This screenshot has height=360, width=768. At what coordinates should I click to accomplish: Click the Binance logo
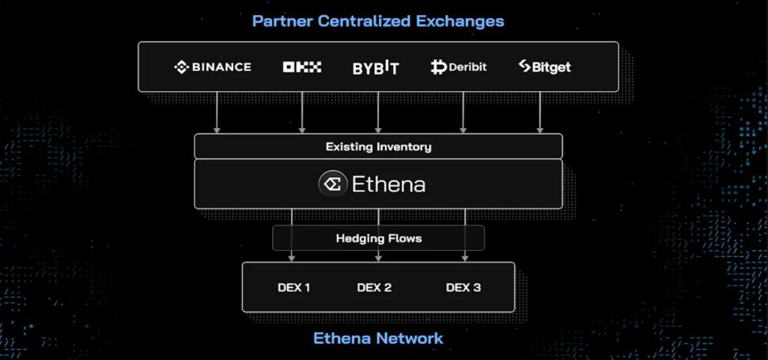[x=212, y=67]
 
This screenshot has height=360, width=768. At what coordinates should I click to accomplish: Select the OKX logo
[x=302, y=67]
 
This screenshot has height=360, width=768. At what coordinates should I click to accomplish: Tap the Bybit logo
[x=376, y=68]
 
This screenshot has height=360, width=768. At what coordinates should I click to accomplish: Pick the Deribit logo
[x=458, y=67]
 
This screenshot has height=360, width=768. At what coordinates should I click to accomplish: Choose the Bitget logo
[x=544, y=67]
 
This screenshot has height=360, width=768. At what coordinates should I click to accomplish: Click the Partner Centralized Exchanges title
[x=378, y=21]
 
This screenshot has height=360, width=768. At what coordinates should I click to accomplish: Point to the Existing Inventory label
[x=378, y=147]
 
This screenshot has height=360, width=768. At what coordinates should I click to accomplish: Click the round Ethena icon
[x=332, y=184]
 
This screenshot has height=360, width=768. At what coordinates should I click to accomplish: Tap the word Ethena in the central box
[x=388, y=185]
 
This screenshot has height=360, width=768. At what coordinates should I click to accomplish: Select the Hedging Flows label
[x=378, y=238]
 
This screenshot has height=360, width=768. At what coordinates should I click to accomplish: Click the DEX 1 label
[x=294, y=287]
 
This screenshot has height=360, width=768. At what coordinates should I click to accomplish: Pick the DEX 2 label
[x=374, y=287]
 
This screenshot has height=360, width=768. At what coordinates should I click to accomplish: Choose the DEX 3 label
[x=463, y=287]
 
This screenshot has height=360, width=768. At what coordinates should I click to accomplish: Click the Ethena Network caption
[x=378, y=339]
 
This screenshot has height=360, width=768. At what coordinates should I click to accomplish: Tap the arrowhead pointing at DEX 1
[x=292, y=256]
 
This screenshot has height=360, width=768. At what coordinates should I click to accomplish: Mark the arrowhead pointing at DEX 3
[x=464, y=256]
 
